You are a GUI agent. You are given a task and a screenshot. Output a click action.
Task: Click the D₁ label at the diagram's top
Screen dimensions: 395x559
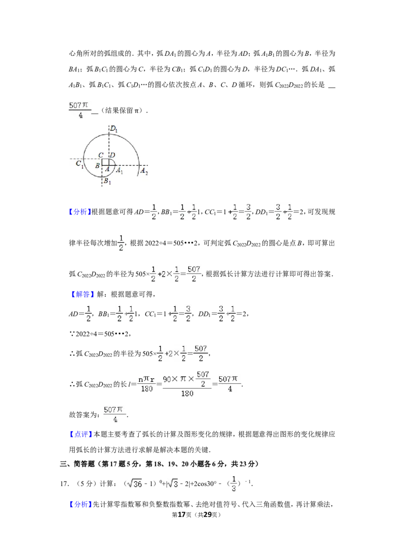(114, 129)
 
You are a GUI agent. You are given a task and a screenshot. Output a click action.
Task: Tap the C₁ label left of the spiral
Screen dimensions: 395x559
(79, 164)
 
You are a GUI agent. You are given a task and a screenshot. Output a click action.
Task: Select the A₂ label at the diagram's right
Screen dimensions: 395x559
(144, 171)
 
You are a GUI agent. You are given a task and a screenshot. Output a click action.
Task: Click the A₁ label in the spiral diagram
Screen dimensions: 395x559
(119, 171)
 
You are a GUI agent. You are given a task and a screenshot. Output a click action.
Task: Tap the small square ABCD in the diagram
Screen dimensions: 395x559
(106, 162)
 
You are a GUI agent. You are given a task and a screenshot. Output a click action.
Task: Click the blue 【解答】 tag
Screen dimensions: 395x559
(81, 294)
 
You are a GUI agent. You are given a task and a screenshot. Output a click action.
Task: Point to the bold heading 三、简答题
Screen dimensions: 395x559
(78, 464)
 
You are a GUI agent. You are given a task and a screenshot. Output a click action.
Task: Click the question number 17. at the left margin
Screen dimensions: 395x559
(65, 484)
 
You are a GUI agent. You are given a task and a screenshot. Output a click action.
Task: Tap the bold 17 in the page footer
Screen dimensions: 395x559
(182, 515)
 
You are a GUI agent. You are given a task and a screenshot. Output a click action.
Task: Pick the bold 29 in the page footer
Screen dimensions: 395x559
(207, 515)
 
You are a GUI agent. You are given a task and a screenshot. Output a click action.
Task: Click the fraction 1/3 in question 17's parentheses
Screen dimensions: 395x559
(234, 484)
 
